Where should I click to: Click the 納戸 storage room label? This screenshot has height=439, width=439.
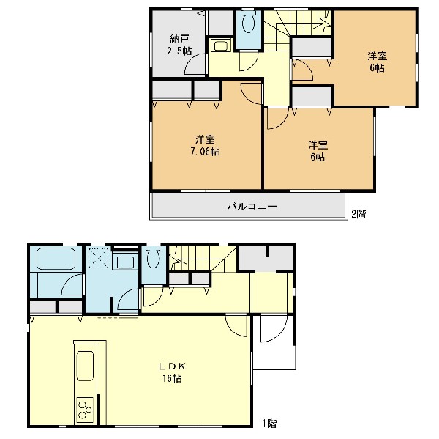pos(179,39)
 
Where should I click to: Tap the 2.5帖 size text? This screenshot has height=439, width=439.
pos(179,51)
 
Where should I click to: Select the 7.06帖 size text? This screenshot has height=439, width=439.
pos(205,152)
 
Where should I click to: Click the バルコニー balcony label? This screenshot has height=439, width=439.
pos(252,207)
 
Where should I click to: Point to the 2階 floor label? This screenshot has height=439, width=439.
pos(359,214)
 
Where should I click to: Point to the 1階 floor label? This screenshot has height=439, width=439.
pos(269,424)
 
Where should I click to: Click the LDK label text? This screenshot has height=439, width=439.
pos(173,366)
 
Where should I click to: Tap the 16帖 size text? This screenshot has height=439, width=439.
pos(172,378)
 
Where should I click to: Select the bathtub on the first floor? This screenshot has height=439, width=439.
pos(56,259)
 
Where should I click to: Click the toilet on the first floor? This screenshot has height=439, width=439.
pos(153,257)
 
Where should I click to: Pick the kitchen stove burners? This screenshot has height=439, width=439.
pos(85,410)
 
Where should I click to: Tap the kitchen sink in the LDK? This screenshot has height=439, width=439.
pos(85,366)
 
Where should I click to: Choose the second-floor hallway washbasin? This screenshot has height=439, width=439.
pos(221,45)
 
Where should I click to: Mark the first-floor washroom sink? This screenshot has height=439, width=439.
pos(125,262)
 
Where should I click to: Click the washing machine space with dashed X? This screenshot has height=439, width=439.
pos(98,257)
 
